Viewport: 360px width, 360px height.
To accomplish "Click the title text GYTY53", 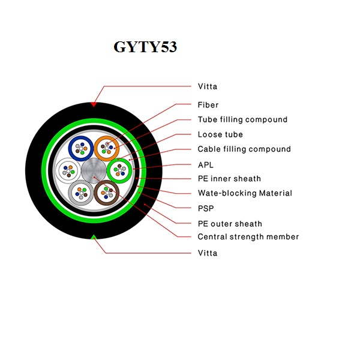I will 145,47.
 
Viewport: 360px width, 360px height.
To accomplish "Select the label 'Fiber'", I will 208,105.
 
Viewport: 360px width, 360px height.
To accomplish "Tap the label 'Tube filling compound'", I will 242,119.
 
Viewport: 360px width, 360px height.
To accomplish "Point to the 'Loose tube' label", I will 220,134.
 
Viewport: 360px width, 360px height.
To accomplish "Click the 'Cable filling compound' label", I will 244,149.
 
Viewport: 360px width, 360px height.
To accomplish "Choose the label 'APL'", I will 205,164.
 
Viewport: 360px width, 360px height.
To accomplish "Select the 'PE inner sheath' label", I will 229,178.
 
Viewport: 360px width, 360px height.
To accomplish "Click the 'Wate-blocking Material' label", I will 245,193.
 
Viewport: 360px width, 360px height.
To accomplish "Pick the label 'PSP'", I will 205,208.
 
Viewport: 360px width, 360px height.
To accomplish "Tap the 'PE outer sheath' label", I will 230,224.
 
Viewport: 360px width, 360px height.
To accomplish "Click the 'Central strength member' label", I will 248,236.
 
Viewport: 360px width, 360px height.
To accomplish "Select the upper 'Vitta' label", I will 208,86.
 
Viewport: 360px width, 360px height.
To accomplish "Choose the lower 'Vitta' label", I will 208,253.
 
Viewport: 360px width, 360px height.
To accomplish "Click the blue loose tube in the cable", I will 79,148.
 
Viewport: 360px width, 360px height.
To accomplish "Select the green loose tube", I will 119,170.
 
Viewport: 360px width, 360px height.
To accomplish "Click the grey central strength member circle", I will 94,171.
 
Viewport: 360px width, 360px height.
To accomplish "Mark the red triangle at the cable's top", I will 93,104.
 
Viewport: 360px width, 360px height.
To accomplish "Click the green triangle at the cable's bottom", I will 93,238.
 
